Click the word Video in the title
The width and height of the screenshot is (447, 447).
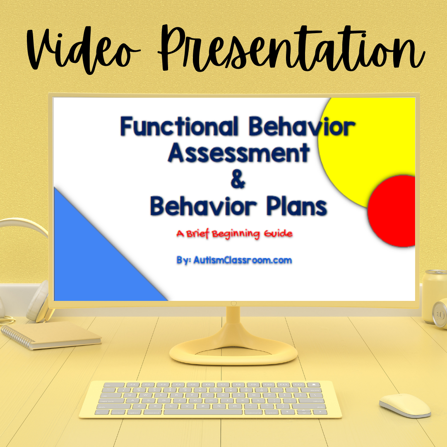point(83,50)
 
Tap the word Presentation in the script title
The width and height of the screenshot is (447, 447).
point(291,48)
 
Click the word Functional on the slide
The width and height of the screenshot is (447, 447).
point(179,126)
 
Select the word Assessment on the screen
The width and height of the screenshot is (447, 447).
point(239,152)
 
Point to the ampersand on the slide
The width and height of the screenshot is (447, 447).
point(238,179)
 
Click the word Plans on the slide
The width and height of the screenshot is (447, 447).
point(297,206)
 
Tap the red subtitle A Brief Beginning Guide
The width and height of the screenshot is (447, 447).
point(234,234)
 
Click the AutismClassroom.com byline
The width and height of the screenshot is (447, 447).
point(234,260)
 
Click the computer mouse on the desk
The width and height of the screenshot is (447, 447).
point(405,405)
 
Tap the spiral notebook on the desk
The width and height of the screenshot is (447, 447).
point(51,335)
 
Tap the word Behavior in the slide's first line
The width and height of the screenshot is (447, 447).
point(302,126)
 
